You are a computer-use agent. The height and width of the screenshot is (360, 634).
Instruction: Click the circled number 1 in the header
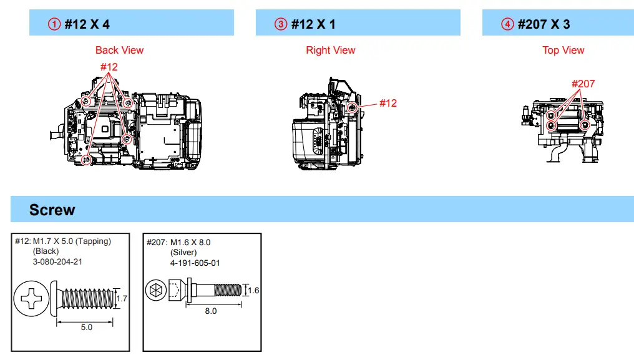pyautogui.click(x=54, y=24)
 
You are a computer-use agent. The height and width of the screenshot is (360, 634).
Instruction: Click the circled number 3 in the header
pyautogui.click(x=281, y=24)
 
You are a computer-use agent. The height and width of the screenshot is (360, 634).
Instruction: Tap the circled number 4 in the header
pyautogui.click(x=507, y=24)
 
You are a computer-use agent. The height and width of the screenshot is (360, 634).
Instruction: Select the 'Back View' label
pyautogui.click(x=119, y=50)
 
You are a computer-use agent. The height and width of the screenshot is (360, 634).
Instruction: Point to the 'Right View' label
pyautogui.click(x=330, y=50)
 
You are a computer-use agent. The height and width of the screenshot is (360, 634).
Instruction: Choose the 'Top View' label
pyautogui.click(x=563, y=50)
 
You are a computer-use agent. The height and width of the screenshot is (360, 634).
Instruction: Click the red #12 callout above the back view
pyautogui.click(x=109, y=67)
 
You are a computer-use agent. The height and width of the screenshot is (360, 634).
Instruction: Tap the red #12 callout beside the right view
pyautogui.click(x=388, y=103)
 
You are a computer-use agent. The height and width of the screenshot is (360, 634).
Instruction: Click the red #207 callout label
pyautogui.click(x=583, y=84)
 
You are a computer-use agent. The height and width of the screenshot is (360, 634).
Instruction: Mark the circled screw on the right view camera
pyautogui.click(x=352, y=107)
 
